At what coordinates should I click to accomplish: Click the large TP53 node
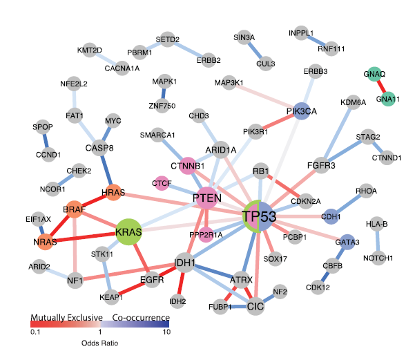[259, 216]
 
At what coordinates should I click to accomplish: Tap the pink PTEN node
[206, 198]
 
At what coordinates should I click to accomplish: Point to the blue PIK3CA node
[301, 112]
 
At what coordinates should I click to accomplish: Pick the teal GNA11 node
[388, 99]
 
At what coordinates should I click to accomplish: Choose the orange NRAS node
[44, 241]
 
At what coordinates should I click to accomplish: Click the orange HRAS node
[113, 193]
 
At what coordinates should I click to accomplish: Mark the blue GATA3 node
[348, 243]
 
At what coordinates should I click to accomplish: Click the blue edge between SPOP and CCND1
[46, 141]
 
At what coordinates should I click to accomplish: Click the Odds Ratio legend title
[100, 341]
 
